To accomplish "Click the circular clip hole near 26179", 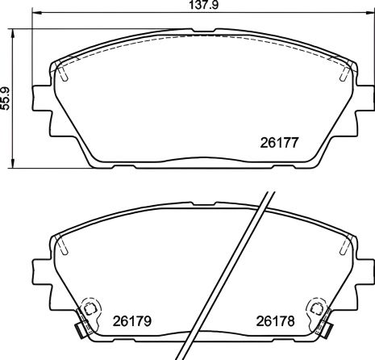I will [x=91, y=308].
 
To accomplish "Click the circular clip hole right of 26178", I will [x=316, y=308].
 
